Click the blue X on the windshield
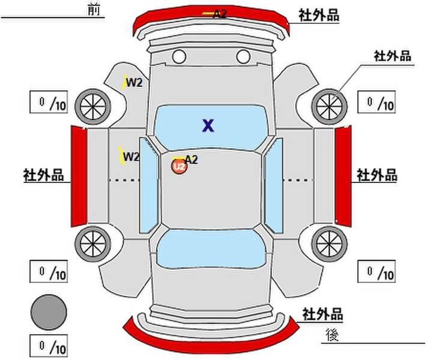tap(208, 125)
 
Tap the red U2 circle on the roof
tap(179, 166)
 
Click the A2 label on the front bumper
tap(220, 14)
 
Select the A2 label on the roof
tap(192, 160)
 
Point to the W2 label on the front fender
tap(134, 82)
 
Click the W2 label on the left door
tap(132, 157)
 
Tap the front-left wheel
tap(93, 106)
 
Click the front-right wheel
tap(329, 106)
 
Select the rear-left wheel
tap(93, 244)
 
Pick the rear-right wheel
tap(329, 244)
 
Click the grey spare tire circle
tap(49, 312)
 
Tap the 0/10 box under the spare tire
tap(49, 346)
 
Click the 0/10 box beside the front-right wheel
tap(377, 102)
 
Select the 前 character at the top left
tap(94, 10)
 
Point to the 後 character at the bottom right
tap(332, 335)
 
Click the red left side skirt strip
tap(79, 176)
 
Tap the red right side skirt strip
tap(343, 176)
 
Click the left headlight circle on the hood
tap(179, 57)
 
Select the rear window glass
tap(211, 249)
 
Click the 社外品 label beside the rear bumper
tap(323, 314)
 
